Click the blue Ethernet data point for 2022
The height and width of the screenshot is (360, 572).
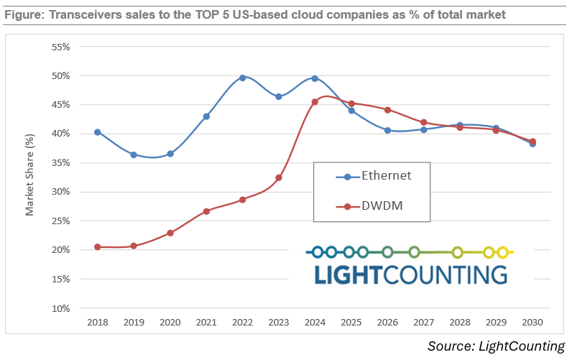point(242,78)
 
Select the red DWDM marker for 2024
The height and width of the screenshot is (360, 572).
point(315,102)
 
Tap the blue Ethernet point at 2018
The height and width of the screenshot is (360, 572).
point(97,132)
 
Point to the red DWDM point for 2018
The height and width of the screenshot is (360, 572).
point(97,246)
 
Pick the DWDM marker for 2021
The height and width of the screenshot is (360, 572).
point(206,211)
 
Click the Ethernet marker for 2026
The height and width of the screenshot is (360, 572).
point(387,130)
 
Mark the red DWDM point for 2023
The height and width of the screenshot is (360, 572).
point(279,177)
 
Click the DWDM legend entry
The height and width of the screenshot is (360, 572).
point(374,206)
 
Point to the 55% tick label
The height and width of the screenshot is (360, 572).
point(60,47)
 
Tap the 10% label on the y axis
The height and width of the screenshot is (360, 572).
point(60,308)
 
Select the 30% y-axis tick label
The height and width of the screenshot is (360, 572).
point(60,192)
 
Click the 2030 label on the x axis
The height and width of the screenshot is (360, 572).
point(532,322)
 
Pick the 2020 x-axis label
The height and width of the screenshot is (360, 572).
point(170,322)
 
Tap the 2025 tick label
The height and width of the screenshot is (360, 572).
point(351,322)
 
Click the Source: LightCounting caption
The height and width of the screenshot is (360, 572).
point(496,346)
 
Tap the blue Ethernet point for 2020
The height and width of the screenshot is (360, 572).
point(170,154)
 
